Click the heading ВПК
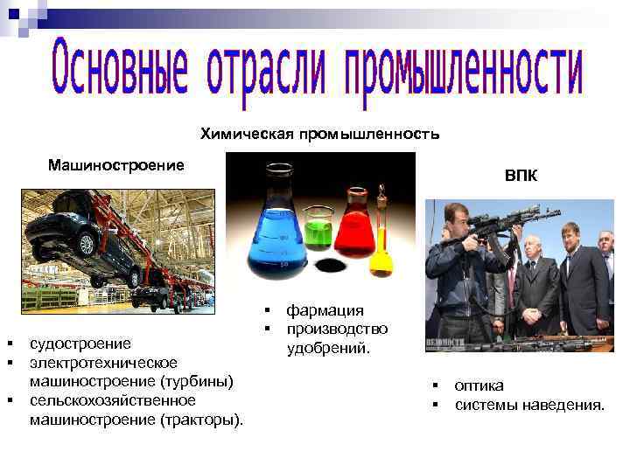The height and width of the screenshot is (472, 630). point(521,177)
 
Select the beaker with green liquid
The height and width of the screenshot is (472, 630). point(318,230)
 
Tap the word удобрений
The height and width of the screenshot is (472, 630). point(329,348)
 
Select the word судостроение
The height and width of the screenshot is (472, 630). point(80,344)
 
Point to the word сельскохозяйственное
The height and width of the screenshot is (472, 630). point(113,400)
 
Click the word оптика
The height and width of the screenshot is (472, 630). point(479,385)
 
